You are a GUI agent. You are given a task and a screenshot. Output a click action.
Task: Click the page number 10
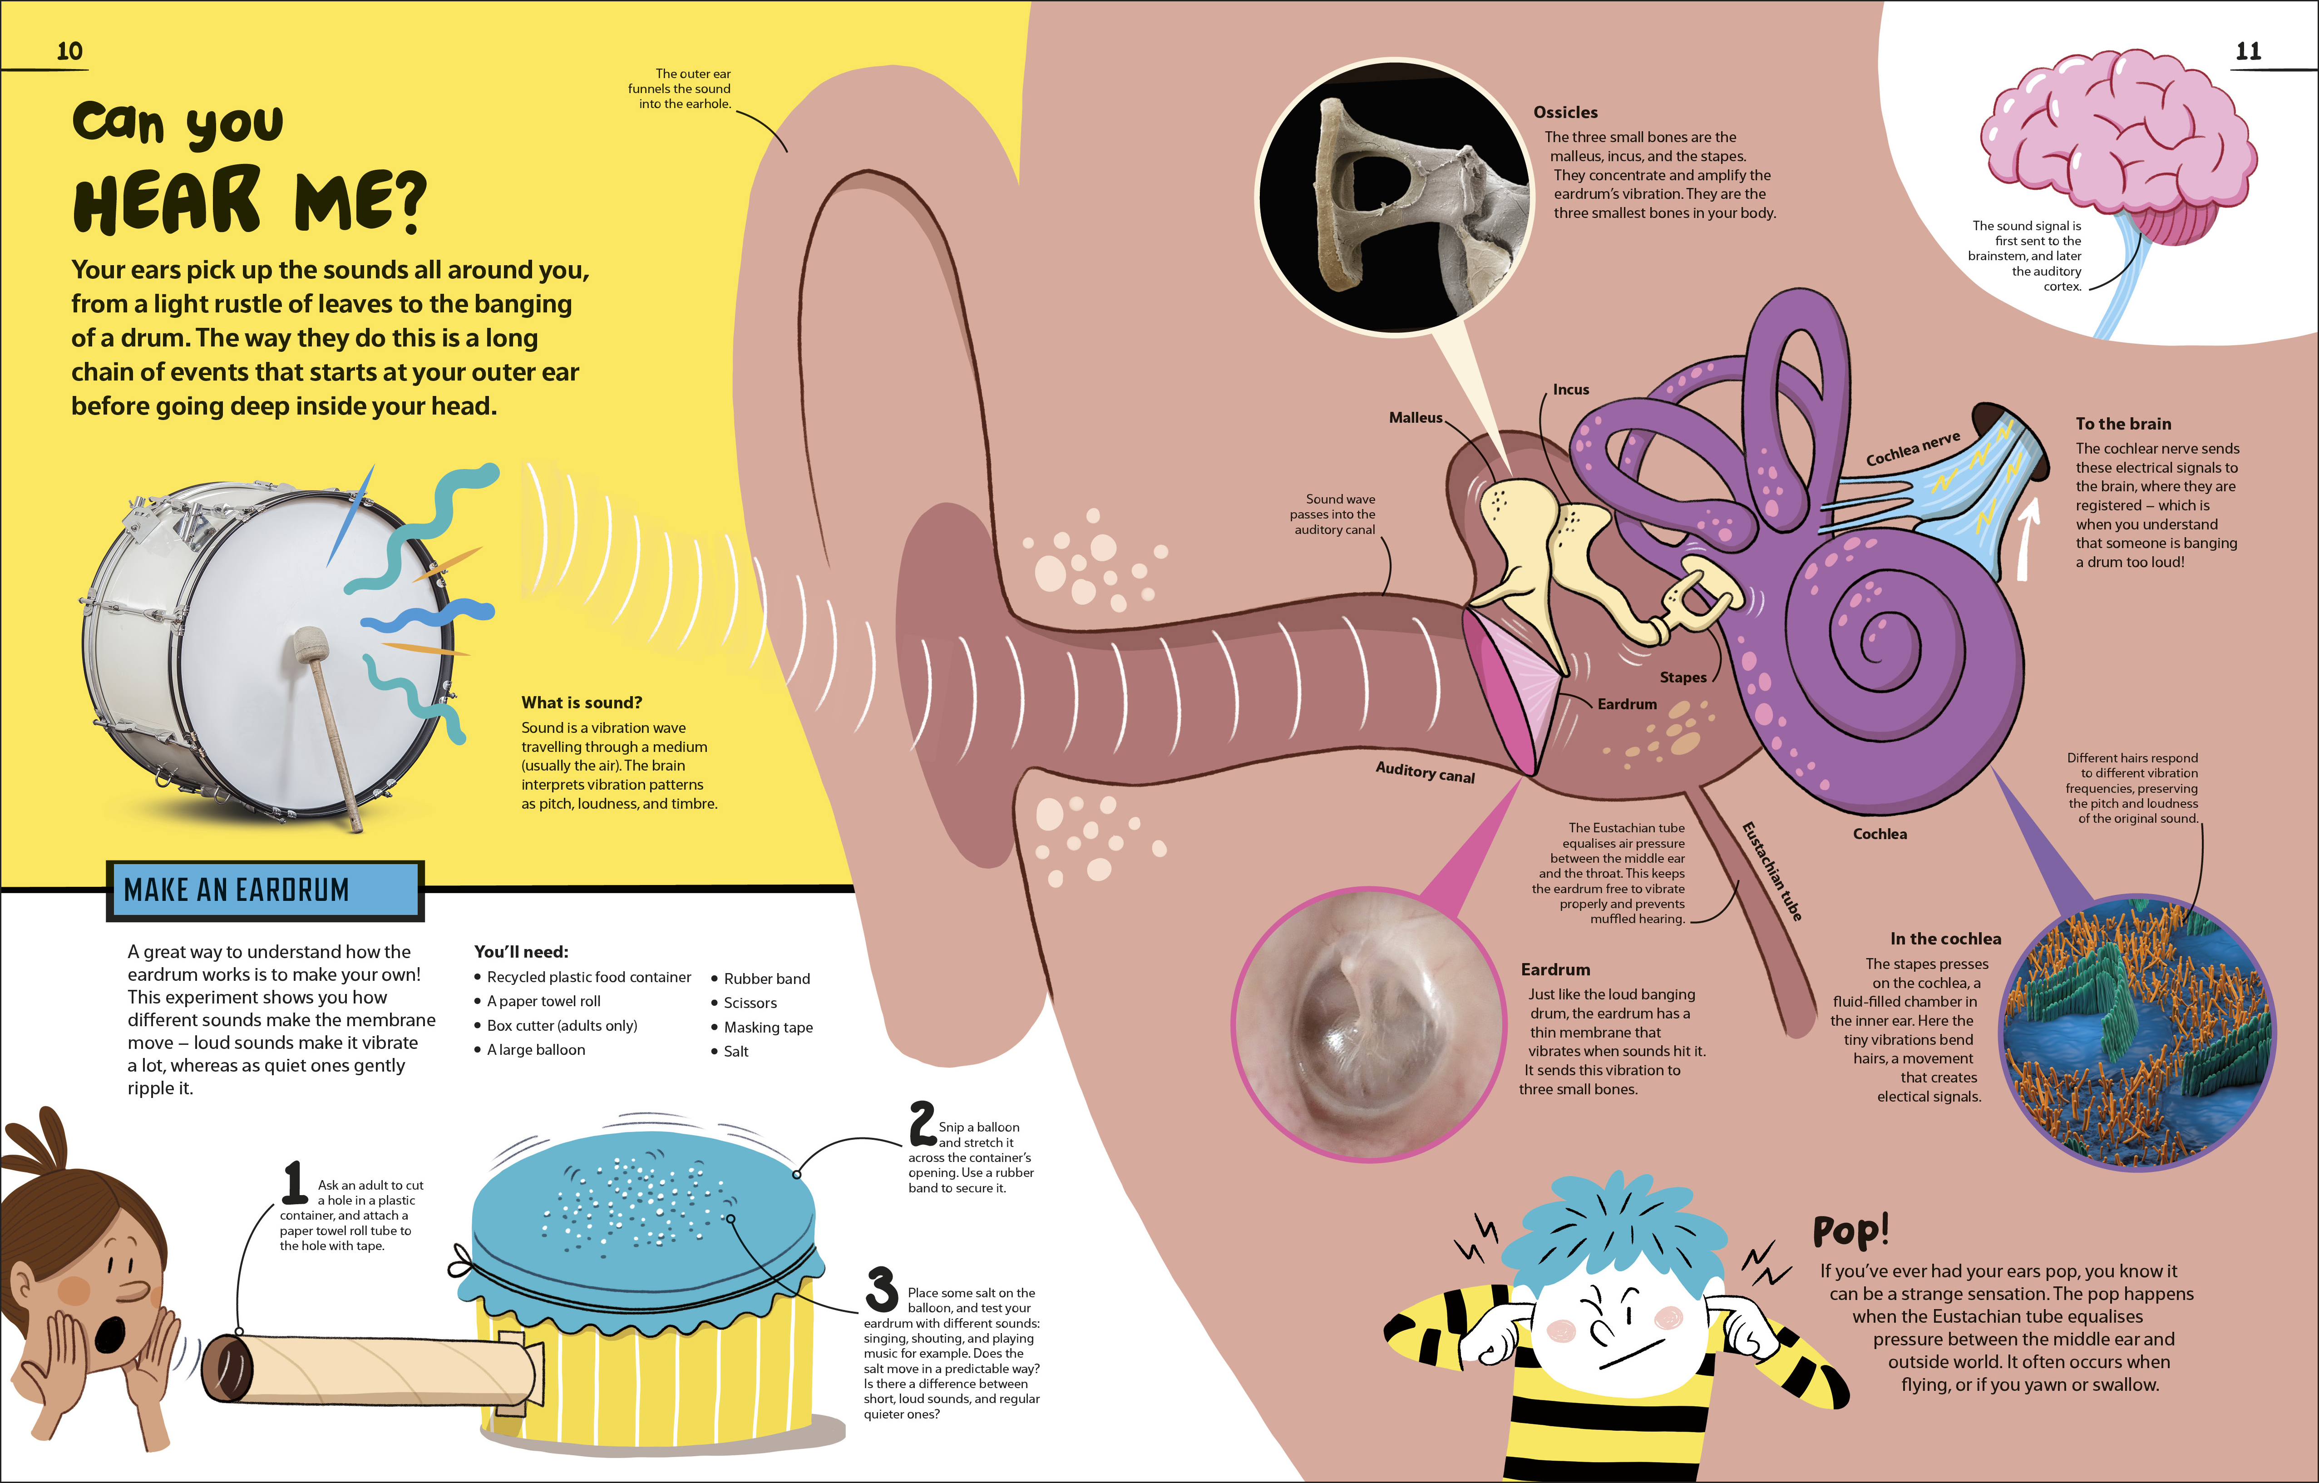(x=69, y=51)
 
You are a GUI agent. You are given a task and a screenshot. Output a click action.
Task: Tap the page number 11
(x=2248, y=51)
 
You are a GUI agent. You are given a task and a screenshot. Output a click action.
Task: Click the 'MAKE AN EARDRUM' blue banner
(x=265, y=890)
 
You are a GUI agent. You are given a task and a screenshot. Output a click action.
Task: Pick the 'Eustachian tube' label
(x=1771, y=871)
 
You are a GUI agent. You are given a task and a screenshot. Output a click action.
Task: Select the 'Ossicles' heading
(x=1565, y=113)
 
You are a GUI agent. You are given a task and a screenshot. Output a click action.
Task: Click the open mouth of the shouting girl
(x=110, y=1334)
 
